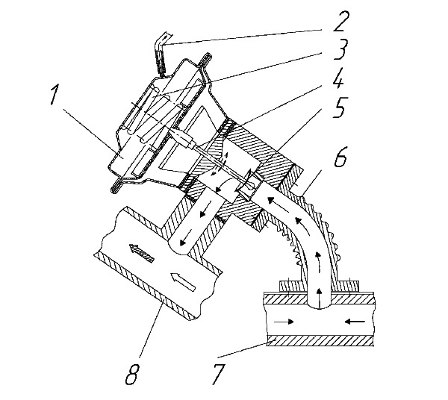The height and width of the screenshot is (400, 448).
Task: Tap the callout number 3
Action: tap(340, 49)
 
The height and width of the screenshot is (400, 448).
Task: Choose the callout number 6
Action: tap(340, 156)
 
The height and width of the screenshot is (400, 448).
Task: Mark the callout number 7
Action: tap(218, 374)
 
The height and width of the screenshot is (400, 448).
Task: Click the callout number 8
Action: tap(132, 374)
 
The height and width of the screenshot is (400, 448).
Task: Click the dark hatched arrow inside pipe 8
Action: tap(142, 252)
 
